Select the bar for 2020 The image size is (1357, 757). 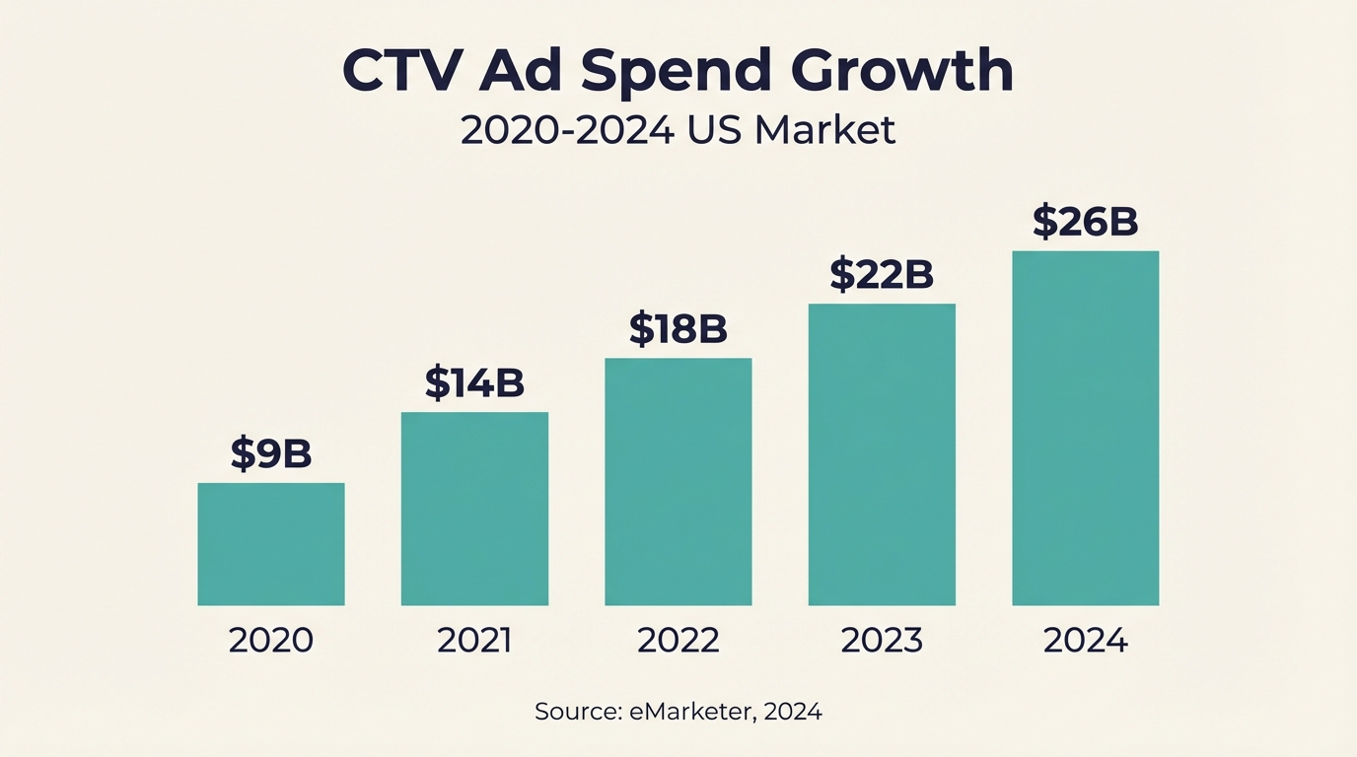[x=271, y=544]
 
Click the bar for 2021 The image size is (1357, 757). [x=474, y=509]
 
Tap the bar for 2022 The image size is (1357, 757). [x=678, y=482]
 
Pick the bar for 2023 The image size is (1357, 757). [x=882, y=454]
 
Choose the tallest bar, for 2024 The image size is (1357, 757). [x=1085, y=428]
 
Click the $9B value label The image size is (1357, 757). [x=271, y=453]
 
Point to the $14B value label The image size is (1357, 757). [x=474, y=382]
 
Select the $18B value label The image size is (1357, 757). [x=678, y=329]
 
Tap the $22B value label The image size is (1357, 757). [x=882, y=275]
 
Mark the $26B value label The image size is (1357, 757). [x=1085, y=222]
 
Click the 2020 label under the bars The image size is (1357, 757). [x=271, y=641]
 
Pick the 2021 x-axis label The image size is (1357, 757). [x=474, y=641]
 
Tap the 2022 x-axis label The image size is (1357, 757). [x=678, y=641]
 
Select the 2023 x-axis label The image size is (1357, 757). [x=882, y=641]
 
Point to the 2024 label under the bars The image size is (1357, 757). [x=1085, y=641]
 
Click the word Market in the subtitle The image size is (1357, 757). [x=825, y=131]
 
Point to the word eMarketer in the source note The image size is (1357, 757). [x=689, y=711]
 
